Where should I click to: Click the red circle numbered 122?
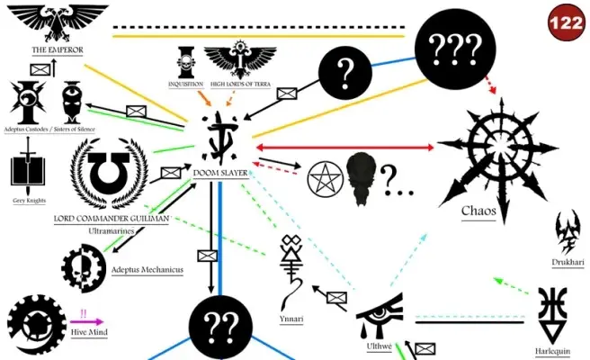point(566,23)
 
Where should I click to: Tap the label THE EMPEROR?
point(58,49)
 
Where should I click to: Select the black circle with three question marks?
point(455,49)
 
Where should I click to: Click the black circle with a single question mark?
point(345,73)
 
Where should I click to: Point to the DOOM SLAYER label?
point(220,173)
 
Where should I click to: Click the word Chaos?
point(478,211)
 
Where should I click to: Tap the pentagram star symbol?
point(325,179)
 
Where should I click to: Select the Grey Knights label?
point(30,201)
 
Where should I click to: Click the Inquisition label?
point(185,84)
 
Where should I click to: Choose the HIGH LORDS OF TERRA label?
point(240,84)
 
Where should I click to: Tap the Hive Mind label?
point(89,332)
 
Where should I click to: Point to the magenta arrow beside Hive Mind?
point(86,322)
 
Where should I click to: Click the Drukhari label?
point(568,262)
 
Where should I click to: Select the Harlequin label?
point(553,352)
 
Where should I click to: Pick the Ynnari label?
point(291,319)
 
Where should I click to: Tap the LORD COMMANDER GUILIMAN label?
point(112,219)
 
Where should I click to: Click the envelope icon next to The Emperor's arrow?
point(40,69)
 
